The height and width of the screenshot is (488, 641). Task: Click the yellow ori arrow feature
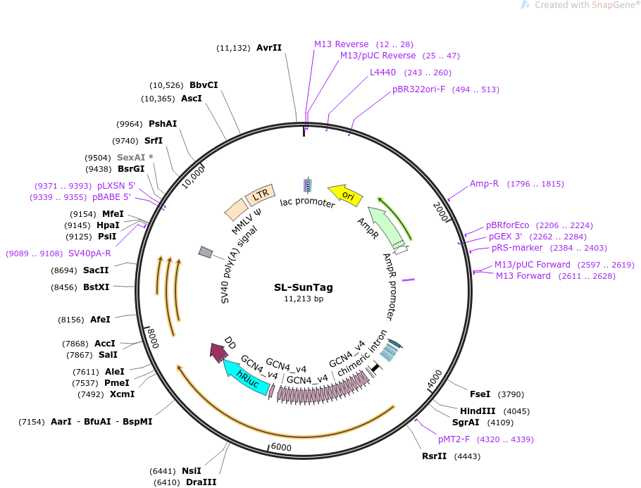tap(345, 195)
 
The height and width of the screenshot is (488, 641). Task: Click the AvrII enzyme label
tap(269, 48)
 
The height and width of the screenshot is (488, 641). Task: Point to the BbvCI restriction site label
tap(204, 85)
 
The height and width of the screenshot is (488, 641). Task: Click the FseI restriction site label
tap(480, 394)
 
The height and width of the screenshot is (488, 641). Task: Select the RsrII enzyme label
tap(435, 456)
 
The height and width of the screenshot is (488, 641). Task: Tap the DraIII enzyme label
tap(201, 482)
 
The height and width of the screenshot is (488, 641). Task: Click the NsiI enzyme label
tap(192, 470)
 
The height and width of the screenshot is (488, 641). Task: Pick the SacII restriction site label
tap(96, 270)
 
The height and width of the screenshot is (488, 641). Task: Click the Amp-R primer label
tap(484, 184)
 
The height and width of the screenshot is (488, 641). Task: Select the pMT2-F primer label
tap(454, 439)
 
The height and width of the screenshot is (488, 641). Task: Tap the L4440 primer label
tap(382, 72)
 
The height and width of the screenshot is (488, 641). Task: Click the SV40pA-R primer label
tap(89, 254)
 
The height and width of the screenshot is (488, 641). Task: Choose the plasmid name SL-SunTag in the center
tap(303, 287)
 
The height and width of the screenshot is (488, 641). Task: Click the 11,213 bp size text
tap(303, 299)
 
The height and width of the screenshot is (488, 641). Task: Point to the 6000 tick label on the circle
tap(280, 447)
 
